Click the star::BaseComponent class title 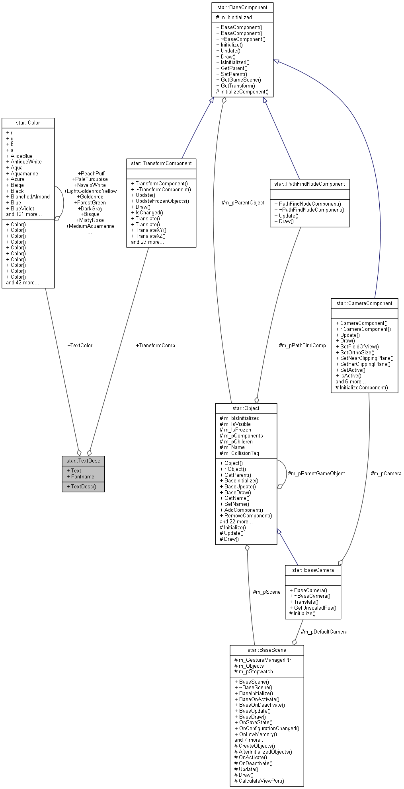[242, 7]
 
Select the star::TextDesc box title [83, 461]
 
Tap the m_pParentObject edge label [243, 202]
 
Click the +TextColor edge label [80, 345]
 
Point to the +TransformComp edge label [155, 345]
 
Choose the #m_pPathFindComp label [302, 345]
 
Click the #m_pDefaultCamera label [324, 632]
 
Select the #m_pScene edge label [267, 592]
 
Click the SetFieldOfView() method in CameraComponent [359, 346]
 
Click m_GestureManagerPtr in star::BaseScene [265, 660]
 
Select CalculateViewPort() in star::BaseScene [261, 781]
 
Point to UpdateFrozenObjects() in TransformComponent [162, 201]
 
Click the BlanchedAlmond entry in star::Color [30, 196]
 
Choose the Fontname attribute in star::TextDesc [82, 476]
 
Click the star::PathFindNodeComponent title [309, 184]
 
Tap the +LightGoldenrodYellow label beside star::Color [90, 191]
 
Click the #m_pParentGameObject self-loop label [316, 473]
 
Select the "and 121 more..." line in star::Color [24, 214]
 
